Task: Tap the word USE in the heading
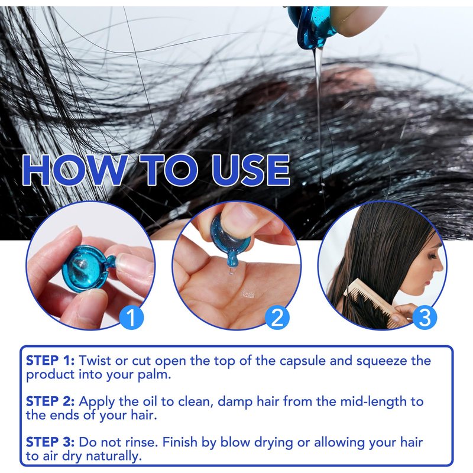[251, 170]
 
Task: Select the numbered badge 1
[131, 317]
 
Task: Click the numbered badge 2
[277, 317]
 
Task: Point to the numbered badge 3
[425, 317]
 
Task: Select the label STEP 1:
[50, 361]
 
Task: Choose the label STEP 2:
[50, 401]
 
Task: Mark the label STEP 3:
[50, 442]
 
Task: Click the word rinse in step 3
[142, 442]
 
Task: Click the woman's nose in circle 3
[440, 267]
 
